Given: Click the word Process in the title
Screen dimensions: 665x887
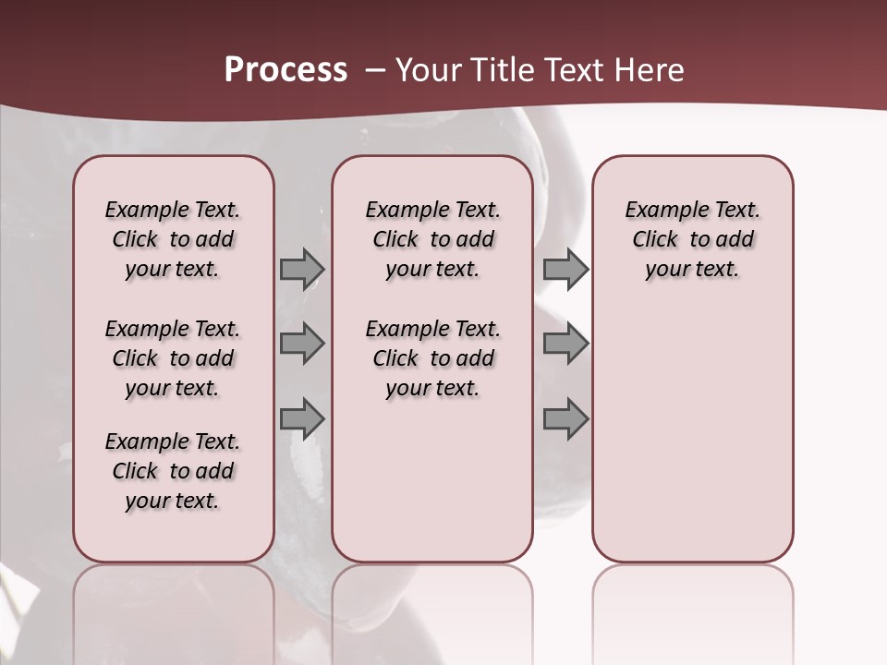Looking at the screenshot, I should pos(286,69).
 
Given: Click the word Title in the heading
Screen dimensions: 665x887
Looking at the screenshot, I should pos(500,69).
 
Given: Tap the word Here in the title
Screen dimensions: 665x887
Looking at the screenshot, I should pos(650,69).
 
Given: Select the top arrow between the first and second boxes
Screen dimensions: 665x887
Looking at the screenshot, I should pos(302,269).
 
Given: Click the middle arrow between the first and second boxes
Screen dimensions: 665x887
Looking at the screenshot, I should pos(302,344).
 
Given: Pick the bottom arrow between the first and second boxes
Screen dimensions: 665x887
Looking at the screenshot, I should pos(302,418).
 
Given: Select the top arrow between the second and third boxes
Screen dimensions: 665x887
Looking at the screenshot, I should pos(565,269).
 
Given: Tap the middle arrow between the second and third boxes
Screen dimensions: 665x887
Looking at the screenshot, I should pos(565,344).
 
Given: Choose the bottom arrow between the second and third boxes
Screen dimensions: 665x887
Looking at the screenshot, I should pos(565,418).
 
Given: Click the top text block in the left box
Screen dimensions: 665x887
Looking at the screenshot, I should pos(173,239).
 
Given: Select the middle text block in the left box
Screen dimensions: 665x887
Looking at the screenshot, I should pos(173,358).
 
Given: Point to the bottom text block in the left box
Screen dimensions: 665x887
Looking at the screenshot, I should pos(173,471).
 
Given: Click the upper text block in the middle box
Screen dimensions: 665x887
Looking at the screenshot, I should pos(432,239).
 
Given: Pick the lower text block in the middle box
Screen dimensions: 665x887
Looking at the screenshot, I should pos(432,358).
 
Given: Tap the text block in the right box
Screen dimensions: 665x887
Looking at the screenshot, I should pos(693,239).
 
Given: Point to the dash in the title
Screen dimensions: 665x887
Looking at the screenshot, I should pos(376,69).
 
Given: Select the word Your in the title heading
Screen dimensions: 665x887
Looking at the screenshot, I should pos(428,69).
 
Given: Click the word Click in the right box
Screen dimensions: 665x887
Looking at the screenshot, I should pos(655,239).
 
